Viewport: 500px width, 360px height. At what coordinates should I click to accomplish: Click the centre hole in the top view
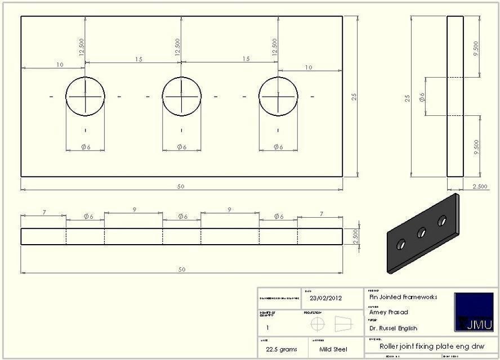tap(181, 96)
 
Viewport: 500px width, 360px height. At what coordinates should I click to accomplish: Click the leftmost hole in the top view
tap(85, 96)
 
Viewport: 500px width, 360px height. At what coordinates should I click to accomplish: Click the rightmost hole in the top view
tap(278, 96)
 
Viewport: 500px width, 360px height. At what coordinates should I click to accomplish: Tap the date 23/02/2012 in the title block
tap(326, 298)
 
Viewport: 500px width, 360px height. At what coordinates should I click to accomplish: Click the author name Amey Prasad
tap(389, 312)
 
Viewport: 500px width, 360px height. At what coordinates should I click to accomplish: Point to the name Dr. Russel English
tap(394, 328)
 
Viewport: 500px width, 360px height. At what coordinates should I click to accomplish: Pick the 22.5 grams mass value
tap(282, 349)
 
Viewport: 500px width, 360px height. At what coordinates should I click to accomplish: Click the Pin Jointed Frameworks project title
tap(403, 297)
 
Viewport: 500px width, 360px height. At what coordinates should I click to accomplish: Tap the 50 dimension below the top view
tap(181, 187)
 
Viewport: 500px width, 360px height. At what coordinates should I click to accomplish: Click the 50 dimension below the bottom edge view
tap(181, 270)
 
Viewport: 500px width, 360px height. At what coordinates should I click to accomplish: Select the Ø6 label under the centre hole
tap(181, 147)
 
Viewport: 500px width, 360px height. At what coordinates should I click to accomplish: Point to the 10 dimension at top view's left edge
tap(60, 65)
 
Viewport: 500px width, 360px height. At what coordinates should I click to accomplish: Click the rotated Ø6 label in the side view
tap(422, 97)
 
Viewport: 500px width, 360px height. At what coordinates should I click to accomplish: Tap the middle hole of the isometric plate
tap(421, 232)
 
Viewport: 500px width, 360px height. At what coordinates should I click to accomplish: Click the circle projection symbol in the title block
tap(318, 324)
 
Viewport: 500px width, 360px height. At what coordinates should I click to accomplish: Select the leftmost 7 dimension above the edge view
tap(43, 213)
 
